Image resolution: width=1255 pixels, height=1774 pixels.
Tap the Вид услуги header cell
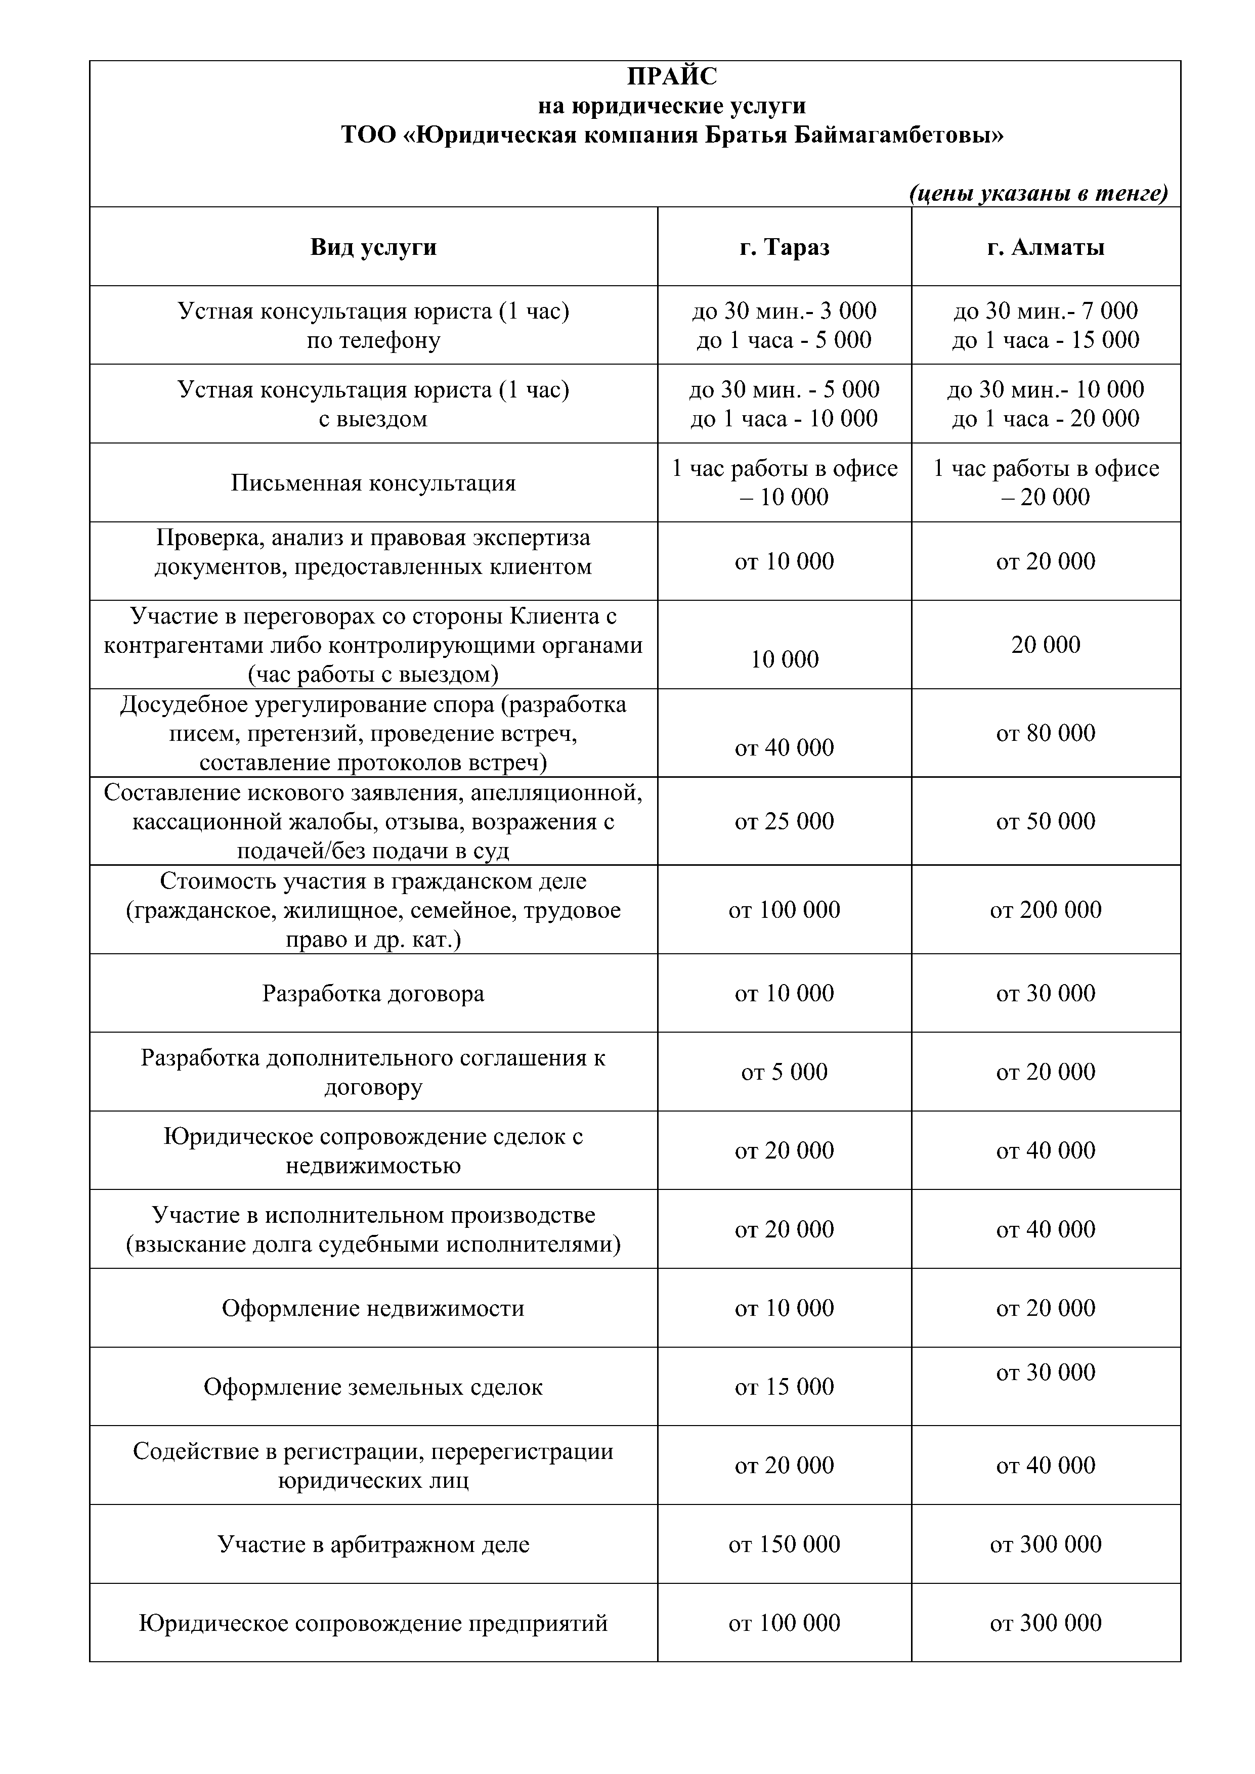point(373,247)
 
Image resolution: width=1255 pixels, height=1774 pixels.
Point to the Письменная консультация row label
point(373,483)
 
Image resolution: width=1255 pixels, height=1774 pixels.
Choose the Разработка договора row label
point(373,993)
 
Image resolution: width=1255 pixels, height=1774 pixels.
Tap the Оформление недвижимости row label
point(373,1308)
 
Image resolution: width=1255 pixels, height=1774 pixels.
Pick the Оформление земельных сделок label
point(373,1387)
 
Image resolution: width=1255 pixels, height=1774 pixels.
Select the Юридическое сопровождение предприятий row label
point(373,1623)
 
